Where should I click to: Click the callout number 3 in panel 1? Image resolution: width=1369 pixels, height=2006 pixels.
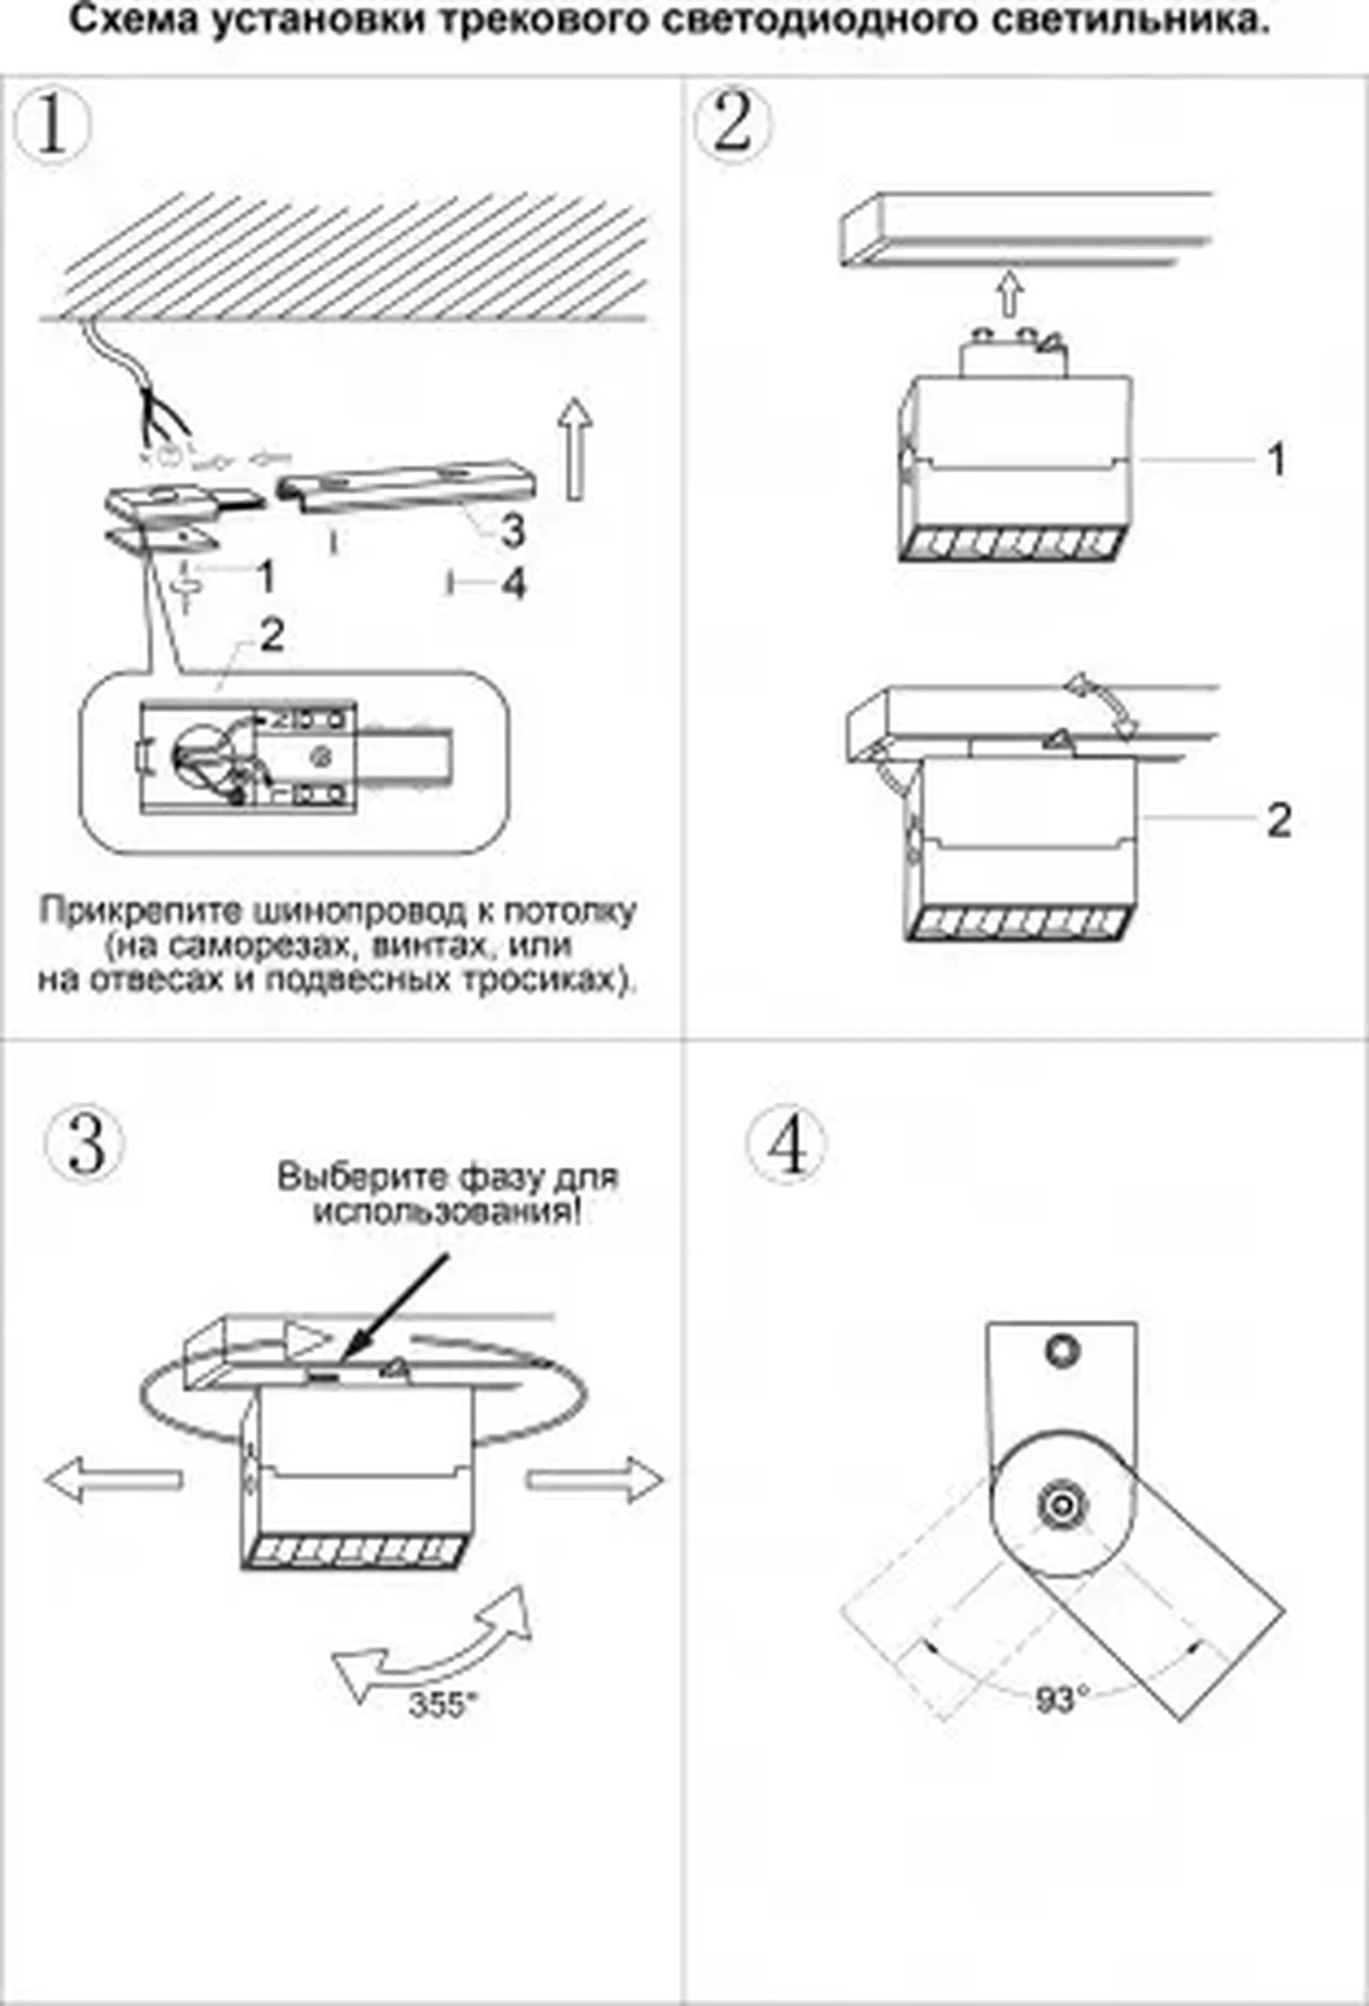(513, 530)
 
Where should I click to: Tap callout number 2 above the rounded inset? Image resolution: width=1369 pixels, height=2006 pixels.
(271, 636)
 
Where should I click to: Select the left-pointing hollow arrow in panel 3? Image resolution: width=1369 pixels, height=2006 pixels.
(112, 1480)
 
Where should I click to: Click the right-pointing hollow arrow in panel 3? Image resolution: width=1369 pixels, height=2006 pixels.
(595, 1480)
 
